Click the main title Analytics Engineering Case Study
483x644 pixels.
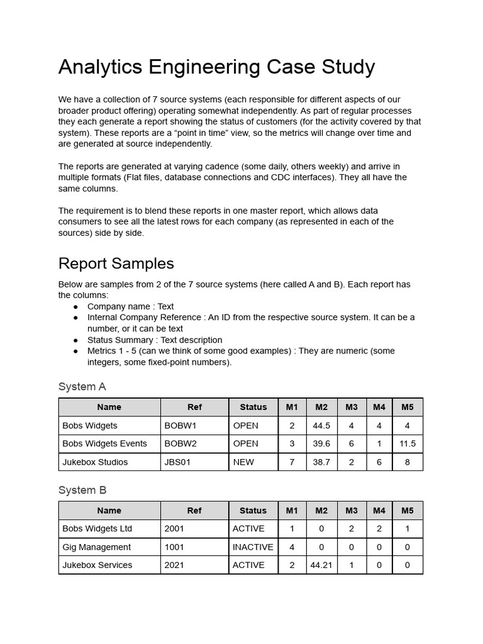click(216, 67)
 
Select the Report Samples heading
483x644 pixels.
click(116, 263)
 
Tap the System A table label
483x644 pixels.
click(82, 386)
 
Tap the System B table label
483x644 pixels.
click(82, 490)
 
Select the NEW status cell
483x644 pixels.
click(243, 462)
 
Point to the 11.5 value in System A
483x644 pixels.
click(408, 443)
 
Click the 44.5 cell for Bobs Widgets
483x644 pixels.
click(321, 425)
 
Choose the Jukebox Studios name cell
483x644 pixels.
click(95, 462)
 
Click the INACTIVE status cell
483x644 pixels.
click(253, 547)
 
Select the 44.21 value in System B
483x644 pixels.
click(321, 565)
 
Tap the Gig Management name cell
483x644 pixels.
click(97, 547)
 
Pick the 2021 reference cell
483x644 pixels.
click(174, 565)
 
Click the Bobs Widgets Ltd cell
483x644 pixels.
click(97, 528)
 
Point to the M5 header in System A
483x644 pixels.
click(408, 407)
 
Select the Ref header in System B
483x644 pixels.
click(194, 511)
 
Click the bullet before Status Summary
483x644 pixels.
click(75, 340)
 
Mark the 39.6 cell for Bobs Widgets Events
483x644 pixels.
click(321, 443)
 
